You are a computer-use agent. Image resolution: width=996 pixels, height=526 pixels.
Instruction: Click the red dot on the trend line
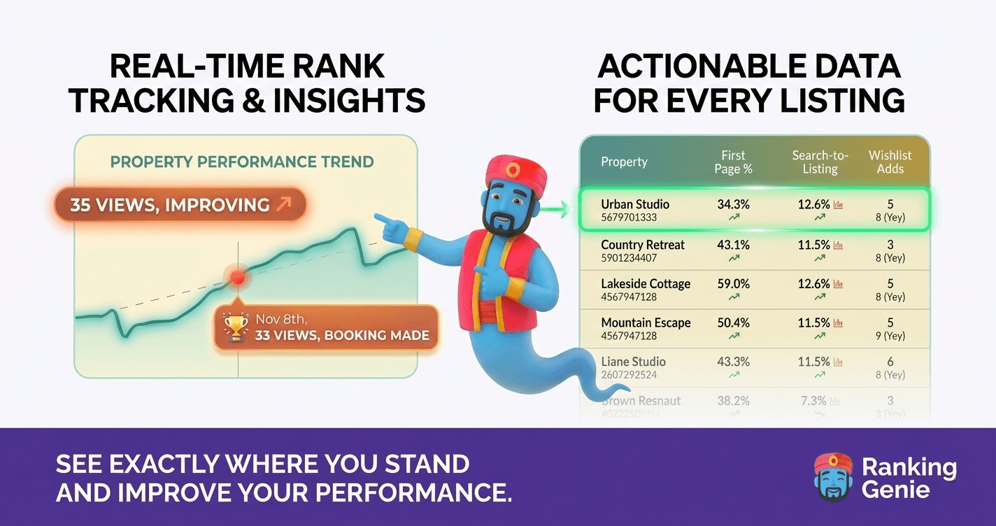[x=238, y=278]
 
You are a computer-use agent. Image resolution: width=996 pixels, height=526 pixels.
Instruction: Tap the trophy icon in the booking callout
[x=236, y=327]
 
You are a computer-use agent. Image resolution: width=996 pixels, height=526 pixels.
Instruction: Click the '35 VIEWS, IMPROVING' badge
[x=180, y=205]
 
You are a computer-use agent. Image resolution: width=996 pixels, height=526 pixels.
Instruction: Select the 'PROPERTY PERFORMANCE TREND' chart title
[x=242, y=162]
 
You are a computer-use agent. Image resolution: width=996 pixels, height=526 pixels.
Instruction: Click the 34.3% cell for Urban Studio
[x=733, y=204]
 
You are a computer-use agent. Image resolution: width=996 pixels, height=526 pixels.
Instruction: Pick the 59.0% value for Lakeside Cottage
[x=733, y=284]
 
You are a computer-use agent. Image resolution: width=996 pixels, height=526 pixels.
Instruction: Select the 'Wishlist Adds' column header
[x=890, y=162]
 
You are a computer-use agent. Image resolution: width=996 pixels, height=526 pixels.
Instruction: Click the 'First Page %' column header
[x=733, y=162]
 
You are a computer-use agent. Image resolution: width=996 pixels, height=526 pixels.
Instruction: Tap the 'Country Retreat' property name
[x=643, y=245]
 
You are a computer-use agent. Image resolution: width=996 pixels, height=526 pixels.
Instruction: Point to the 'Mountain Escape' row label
[x=646, y=323]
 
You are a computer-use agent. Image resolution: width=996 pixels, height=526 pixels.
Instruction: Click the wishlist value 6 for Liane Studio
[x=890, y=362]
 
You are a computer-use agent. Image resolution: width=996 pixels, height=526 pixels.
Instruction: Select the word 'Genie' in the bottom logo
[x=895, y=489]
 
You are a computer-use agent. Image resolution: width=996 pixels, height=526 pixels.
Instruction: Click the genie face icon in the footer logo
[x=833, y=476]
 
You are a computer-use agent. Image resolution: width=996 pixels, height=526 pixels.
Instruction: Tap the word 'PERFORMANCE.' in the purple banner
[x=413, y=492]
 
